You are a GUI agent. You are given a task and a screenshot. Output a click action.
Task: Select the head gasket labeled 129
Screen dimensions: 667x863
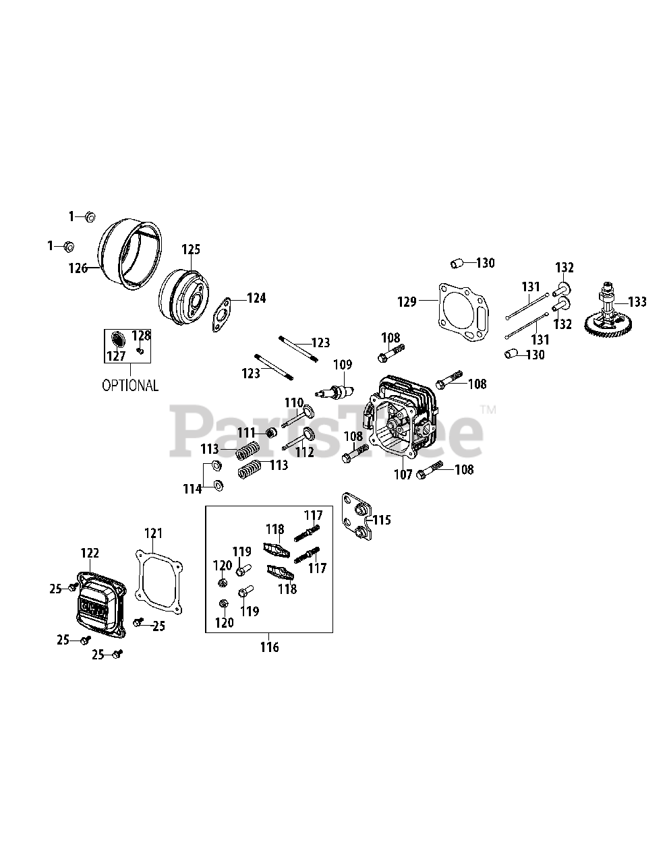pyautogui.click(x=463, y=312)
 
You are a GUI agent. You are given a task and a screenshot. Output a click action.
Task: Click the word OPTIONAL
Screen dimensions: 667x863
pyautogui.click(x=130, y=385)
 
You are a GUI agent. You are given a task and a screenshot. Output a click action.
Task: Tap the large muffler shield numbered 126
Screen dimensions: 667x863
pyautogui.click(x=129, y=255)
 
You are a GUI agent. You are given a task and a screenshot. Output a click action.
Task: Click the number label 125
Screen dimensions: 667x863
pyautogui.click(x=191, y=249)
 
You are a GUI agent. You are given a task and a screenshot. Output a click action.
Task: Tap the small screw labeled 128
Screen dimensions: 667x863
pyautogui.click(x=140, y=351)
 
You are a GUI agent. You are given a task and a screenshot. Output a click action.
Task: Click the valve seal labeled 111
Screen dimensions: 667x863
pyautogui.click(x=272, y=432)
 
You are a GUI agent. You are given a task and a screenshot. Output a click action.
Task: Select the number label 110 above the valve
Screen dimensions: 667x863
pyautogui.click(x=294, y=403)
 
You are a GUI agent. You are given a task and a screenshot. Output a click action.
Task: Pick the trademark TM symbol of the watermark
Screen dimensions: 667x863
pyautogui.click(x=488, y=409)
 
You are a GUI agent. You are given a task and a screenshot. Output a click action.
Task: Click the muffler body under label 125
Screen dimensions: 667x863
pyautogui.click(x=184, y=297)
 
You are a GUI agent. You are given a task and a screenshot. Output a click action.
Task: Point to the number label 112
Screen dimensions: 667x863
pyautogui.click(x=305, y=452)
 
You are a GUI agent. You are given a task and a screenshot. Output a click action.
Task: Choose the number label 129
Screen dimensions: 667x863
pyautogui.click(x=407, y=302)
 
